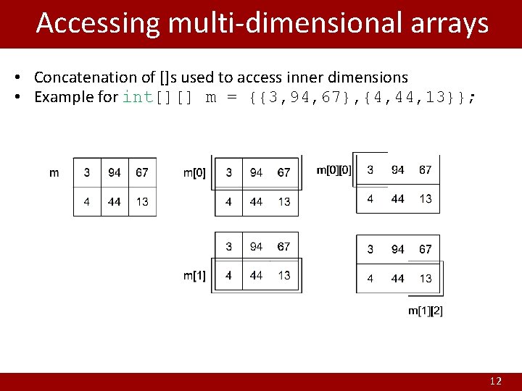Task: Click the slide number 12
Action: (x=496, y=381)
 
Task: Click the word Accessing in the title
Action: (x=98, y=23)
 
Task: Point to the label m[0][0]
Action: (x=334, y=170)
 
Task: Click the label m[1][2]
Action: (x=426, y=311)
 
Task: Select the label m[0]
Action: (x=194, y=172)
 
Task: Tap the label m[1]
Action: (x=194, y=275)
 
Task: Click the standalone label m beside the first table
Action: (x=54, y=172)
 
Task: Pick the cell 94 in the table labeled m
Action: (x=115, y=172)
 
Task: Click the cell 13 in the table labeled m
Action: (x=142, y=201)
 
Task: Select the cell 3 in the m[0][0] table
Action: (x=370, y=170)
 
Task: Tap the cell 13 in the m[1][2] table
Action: (x=426, y=278)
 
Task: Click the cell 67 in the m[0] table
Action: (x=283, y=172)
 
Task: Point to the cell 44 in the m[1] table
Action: (x=256, y=275)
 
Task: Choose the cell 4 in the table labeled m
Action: (x=87, y=201)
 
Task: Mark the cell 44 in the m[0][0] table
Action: (x=398, y=198)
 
